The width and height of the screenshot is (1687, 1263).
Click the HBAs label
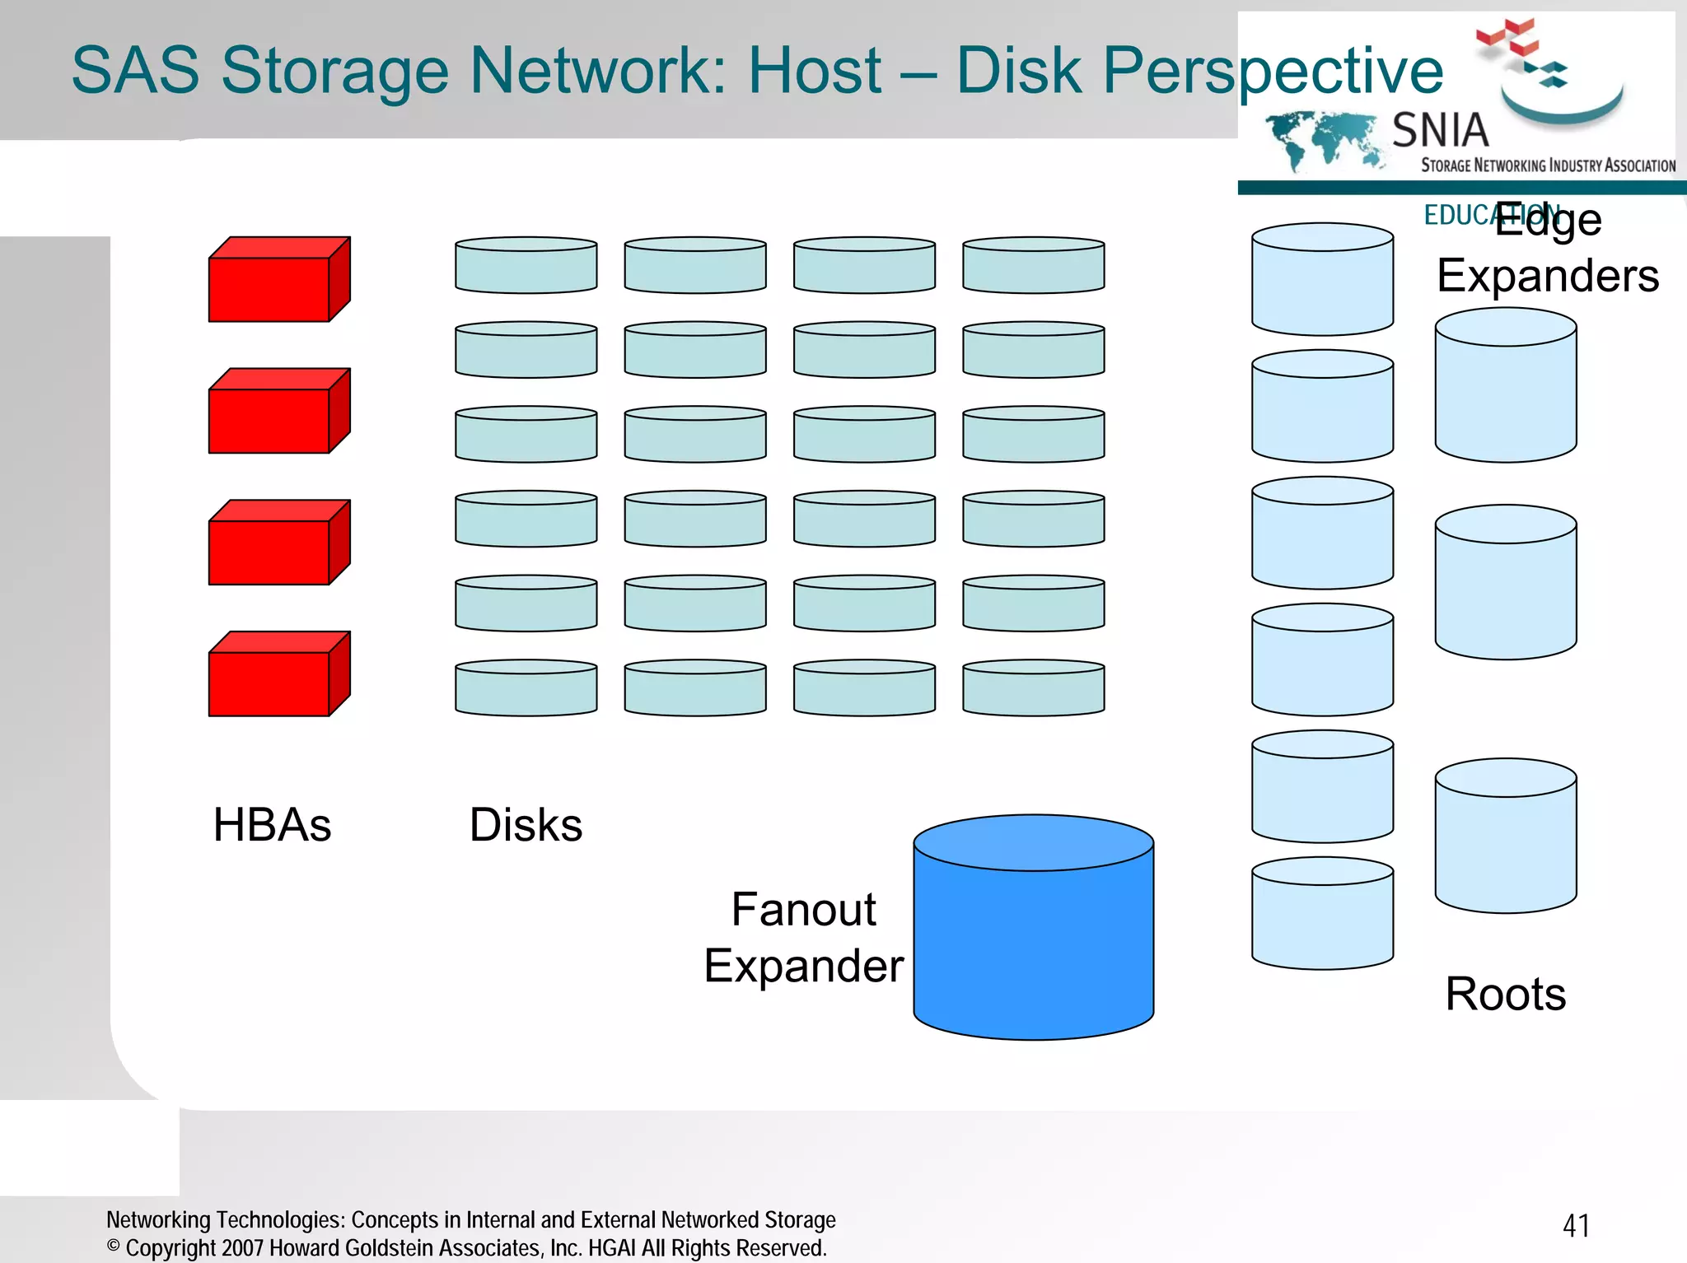272,825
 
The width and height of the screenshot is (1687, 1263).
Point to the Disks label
526,825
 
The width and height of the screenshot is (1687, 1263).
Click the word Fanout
803,910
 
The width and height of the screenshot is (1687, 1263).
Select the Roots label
1505,994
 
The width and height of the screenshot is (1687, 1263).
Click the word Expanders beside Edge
1547,276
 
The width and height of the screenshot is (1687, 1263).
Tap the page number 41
1576,1226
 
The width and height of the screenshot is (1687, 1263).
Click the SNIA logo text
1440,131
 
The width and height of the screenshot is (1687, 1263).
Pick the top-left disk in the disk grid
526,266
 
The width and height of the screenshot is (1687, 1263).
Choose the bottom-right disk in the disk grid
1033,688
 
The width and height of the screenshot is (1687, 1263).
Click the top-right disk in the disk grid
1033,266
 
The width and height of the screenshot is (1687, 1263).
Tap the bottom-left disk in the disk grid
526,688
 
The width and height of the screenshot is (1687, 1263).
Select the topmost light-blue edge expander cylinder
1322,280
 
